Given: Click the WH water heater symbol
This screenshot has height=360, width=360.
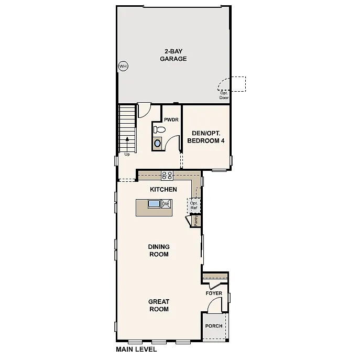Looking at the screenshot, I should (x=123, y=66).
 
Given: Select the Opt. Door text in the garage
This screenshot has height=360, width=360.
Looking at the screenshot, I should (x=224, y=95).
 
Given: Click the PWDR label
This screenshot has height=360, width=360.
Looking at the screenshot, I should (x=171, y=120).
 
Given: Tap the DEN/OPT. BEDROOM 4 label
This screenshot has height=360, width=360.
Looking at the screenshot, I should (x=205, y=137).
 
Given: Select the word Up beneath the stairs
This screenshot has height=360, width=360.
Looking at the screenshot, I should (x=127, y=155).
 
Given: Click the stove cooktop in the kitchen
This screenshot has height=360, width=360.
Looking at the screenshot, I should (x=167, y=176).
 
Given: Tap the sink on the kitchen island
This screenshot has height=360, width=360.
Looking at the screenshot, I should (x=155, y=204).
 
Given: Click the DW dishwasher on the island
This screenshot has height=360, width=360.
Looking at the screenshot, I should (x=166, y=204).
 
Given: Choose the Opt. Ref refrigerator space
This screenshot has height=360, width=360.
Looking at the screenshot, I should (x=194, y=205).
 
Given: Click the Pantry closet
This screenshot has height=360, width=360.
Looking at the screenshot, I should (x=195, y=221).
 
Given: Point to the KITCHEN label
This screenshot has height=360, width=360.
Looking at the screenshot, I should (x=163, y=189).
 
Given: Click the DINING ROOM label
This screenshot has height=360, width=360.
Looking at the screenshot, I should (x=159, y=250).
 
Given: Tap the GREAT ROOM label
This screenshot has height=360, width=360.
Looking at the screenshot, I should (x=158, y=305).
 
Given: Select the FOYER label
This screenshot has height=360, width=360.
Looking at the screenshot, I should (x=214, y=293).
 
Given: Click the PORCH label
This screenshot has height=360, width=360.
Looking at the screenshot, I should (x=214, y=326).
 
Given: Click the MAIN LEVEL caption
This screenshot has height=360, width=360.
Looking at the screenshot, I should (x=136, y=349).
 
